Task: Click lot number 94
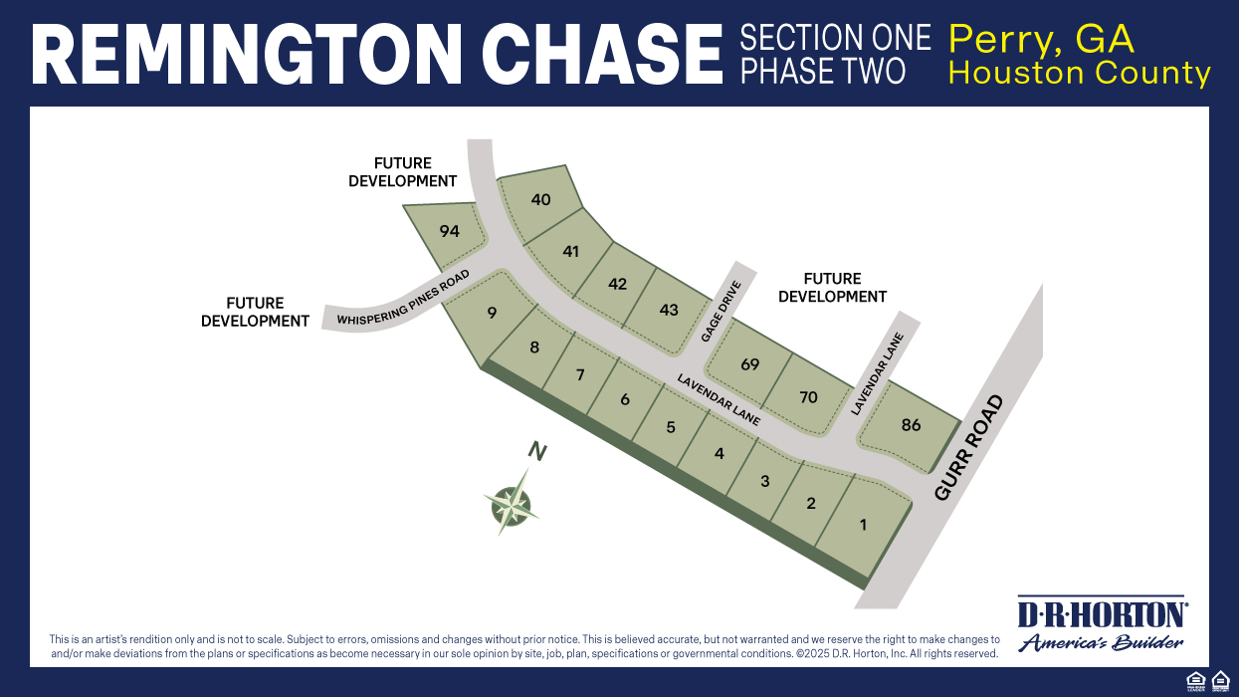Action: click(x=450, y=231)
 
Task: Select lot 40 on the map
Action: click(x=540, y=199)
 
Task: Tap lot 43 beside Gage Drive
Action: click(x=669, y=310)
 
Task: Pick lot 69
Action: click(x=749, y=364)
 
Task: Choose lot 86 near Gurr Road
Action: click(x=911, y=425)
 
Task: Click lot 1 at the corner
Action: click(x=863, y=524)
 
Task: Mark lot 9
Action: click(x=492, y=313)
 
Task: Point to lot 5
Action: click(x=671, y=427)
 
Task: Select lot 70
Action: click(x=808, y=397)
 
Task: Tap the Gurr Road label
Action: click(x=969, y=447)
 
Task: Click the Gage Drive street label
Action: click(x=722, y=312)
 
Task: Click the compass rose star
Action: click(x=512, y=504)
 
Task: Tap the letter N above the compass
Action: click(x=537, y=452)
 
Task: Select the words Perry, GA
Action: click(x=1041, y=39)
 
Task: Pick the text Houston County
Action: click(x=1079, y=73)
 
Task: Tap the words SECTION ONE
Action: click(x=835, y=39)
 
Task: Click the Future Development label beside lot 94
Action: click(x=402, y=172)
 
